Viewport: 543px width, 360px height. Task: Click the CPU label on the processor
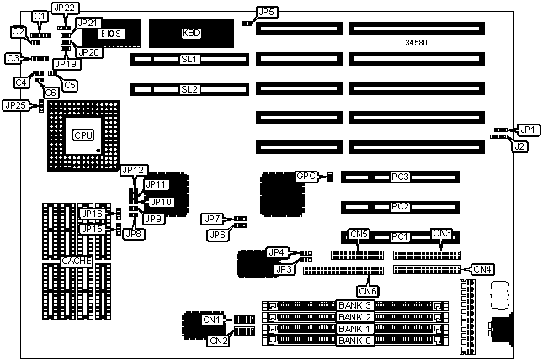(x=83, y=135)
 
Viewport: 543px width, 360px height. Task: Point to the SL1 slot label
(x=189, y=60)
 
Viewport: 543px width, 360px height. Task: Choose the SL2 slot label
(x=189, y=88)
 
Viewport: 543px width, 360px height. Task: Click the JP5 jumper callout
(x=267, y=12)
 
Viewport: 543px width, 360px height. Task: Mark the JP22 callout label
(x=64, y=8)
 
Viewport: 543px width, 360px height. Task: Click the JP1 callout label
(x=527, y=129)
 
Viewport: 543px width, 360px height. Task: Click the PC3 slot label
(x=400, y=177)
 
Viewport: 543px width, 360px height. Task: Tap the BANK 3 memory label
(x=355, y=304)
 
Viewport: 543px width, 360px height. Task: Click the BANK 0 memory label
(x=355, y=341)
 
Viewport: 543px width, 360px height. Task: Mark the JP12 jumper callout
(x=134, y=170)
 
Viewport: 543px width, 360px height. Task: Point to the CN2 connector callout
(x=217, y=341)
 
